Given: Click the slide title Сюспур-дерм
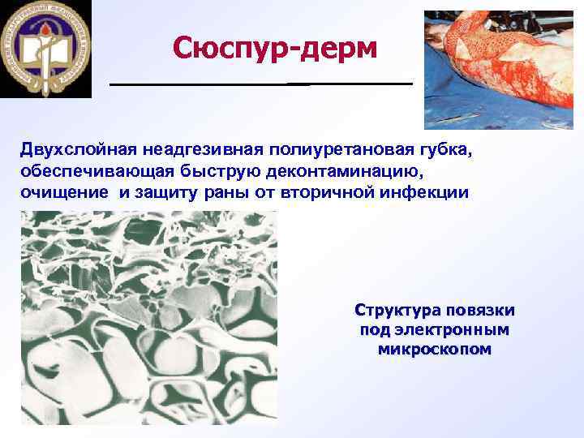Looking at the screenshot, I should pyautogui.click(x=275, y=49).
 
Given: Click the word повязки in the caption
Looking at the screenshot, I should pyautogui.click(x=480, y=311).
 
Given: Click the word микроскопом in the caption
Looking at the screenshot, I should pyautogui.click(x=435, y=350).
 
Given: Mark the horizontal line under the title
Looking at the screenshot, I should pyautogui.click(x=261, y=84).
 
